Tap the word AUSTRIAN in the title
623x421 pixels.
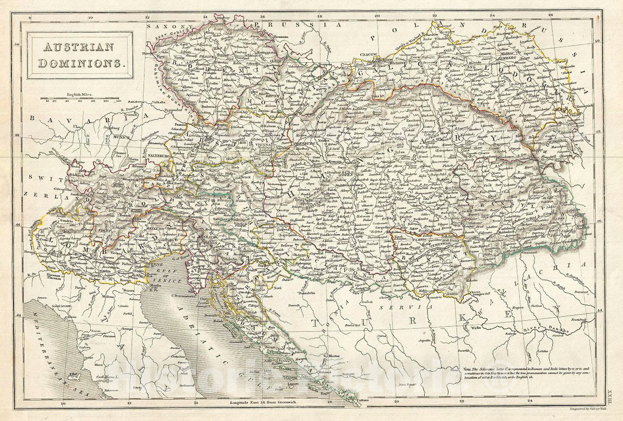point(78,47)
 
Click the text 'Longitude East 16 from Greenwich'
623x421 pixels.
point(270,402)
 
